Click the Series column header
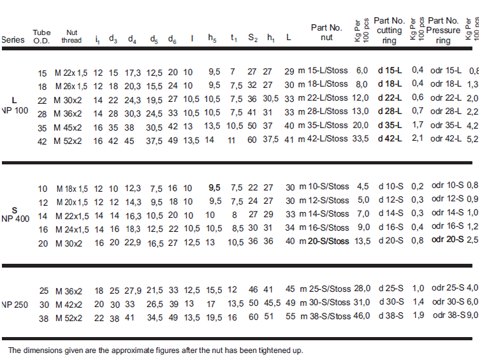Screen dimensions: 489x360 pyautogui.click(x=13, y=40)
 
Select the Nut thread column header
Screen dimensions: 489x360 pyautogui.click(x=71, y=36)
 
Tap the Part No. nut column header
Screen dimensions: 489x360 pyautogui.click(x=326, y=32)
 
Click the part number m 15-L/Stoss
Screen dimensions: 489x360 pyautogui.click(x=323, y=71)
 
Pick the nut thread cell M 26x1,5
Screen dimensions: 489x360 pyautogui.click(x=71, y=87)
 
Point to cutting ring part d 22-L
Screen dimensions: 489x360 pyautogui.click(x=390, y=98)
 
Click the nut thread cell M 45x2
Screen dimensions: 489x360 pyautogui.click(x=68, y=127)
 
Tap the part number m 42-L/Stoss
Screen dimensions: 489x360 pyautogui.click(x=323, y=139)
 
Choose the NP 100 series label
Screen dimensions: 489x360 pyautogui.click(x=15, y=111)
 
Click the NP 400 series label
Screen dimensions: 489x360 pyautogui.click(x=15, y=219)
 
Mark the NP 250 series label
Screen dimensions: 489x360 pyautogui.click(x=15, y=305)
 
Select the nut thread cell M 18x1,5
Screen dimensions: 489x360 pyautogui.click(x=72, y=189)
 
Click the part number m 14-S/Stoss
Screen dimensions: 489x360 pyautogui.click(x=324, y=214)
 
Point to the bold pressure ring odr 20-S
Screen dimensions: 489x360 pyautogui.click(x=448, y=240)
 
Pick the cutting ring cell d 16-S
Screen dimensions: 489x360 pyautogui.click(x=391, y=227)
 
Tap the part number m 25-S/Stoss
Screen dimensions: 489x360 pyautogui.click(x=325, y=289)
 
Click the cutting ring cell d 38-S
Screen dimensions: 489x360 pyautogui.click(x=391, y=316)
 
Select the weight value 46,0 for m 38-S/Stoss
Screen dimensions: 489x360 pyautogui.click(x=361, y=316)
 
